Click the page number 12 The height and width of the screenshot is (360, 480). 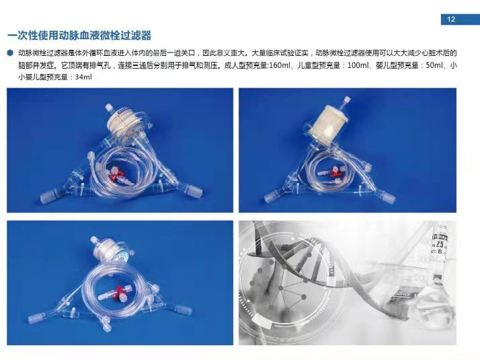point(451,20)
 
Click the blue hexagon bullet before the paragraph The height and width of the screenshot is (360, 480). point(11,53)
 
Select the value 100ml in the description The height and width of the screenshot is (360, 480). point(358,65)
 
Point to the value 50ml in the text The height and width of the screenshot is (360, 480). point(434,65)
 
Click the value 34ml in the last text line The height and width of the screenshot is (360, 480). point(83,77)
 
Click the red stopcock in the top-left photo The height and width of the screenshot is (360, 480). point(114,174)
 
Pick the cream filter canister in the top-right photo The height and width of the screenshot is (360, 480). point(325,123)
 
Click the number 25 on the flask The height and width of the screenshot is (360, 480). point(440,244)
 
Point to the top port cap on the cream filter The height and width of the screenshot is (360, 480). point(346,100)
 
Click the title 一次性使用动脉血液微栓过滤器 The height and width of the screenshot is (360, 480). point(79,36)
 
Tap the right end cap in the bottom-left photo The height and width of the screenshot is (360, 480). point(184,310)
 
